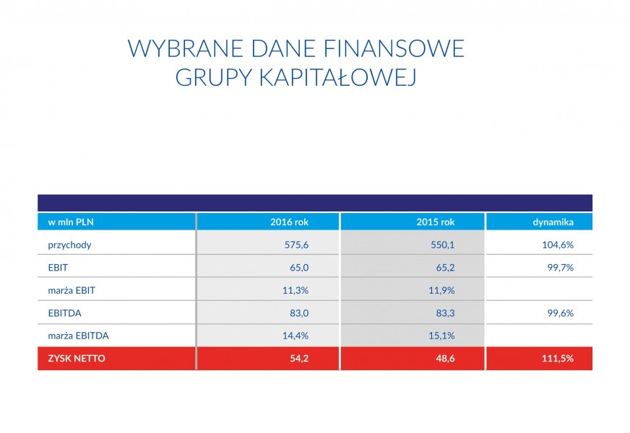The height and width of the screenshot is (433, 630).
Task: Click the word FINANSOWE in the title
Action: (x=394, y=48)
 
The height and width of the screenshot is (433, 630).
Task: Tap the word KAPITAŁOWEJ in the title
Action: (x=337, y=77)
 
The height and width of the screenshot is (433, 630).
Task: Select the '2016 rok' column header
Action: (x=289, y=222)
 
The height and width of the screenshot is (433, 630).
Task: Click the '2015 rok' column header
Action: (x=436, y=222)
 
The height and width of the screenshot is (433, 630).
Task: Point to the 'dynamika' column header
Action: (x=553, y=222)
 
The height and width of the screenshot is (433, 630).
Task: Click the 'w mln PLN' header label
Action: (x=71, y=222)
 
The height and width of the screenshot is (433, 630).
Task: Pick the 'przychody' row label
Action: (x=69, y=245)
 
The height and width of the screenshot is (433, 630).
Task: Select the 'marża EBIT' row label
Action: (x=72, y=290)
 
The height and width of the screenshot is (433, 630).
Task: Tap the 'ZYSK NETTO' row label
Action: (x=77, y=359)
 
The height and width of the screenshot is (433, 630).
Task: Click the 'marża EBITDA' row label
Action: (x=78, y=336)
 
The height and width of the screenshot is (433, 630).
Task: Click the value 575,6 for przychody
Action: (x=296, y=245)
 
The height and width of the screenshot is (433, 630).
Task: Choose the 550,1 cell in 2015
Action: (x=443, y=245)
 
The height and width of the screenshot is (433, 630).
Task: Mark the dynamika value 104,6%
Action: (x=558, y=245)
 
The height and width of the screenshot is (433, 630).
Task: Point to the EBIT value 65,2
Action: (x=446, y=268)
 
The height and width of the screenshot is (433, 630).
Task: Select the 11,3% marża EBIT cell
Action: (x=295, y=290)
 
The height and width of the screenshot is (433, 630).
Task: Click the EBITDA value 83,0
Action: (x=299, y=313)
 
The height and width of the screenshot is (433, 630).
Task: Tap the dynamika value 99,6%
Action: (x=561, y=313)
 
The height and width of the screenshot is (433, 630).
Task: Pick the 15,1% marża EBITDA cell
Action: (x=441, y=336)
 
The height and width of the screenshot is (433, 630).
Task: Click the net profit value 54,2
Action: (x=299, y=359)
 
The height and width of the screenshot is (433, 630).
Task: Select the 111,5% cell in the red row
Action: (x=558, y=359)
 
